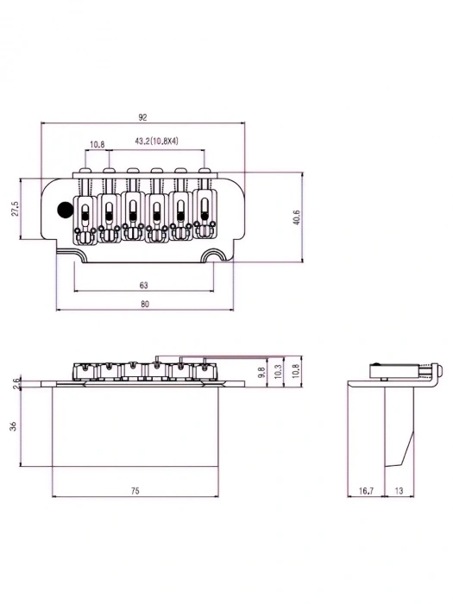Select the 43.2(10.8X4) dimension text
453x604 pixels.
pyautogui.click(x=156, y=141)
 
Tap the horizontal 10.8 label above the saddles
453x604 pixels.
pyautogui.click(x=97, y=144)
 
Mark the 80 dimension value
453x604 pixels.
pyautogui.click(x=143, y=304)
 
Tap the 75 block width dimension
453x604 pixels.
pyautogui.click(x=135, y=491)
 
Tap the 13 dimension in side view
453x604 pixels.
pyautogui.click(x=400, y=491)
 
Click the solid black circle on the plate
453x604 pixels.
pyautogui.click(x=65, y=208)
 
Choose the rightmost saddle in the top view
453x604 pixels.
pyautogui.click(x=204, y=211)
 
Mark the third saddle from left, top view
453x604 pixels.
pyautogui.click(x=133, y=212)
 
